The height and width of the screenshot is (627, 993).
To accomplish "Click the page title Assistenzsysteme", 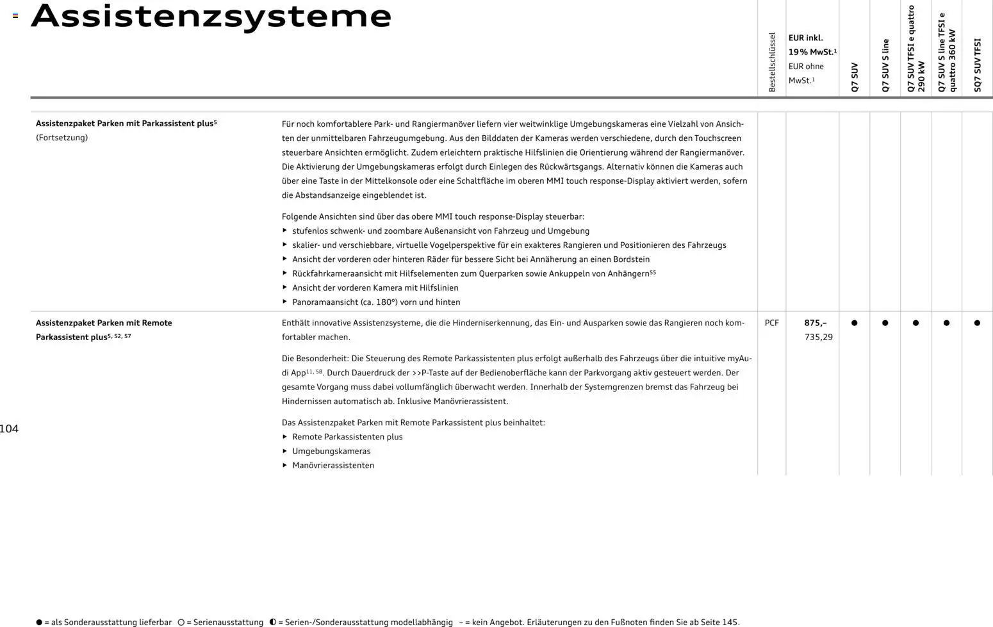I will (211, 17).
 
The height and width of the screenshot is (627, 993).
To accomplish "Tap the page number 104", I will (10, 429).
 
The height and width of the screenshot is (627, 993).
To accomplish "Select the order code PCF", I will (771, 323).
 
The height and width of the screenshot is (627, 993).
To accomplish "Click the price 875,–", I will (815, 323).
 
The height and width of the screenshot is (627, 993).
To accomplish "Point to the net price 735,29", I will (818, 338).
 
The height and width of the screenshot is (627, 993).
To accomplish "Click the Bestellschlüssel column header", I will (772, 62).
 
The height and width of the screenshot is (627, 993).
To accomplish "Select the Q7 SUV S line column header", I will (885, 66).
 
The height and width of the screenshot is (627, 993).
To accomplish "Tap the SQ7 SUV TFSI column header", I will (977, 65).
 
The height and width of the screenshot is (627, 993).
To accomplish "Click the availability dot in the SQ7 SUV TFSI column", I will (977, 323).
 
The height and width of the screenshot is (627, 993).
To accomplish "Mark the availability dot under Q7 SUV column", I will (854, 323).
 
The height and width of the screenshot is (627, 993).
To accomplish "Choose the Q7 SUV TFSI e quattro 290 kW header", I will (915, 49).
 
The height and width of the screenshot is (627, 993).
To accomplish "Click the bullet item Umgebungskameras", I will (331, 452).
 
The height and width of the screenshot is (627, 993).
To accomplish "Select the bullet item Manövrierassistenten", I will (333, 466).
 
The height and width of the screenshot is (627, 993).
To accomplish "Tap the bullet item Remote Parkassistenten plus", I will (347, 437).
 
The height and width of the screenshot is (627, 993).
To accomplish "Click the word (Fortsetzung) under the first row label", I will (62, 138).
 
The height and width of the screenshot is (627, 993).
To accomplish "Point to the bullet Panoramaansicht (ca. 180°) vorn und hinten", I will (376, 302).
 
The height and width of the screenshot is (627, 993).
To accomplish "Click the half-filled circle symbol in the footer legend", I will (273, 622).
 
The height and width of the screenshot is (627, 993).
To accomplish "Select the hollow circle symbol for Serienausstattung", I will (181, 622).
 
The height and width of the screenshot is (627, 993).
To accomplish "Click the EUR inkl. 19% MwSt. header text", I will (812, 45).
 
